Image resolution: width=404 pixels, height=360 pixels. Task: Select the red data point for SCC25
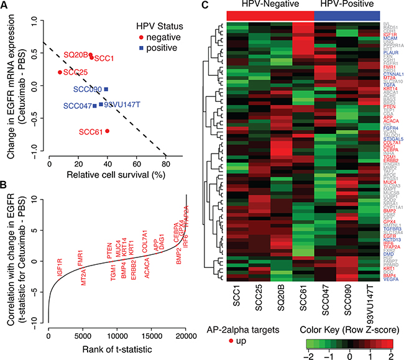[60, 72]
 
